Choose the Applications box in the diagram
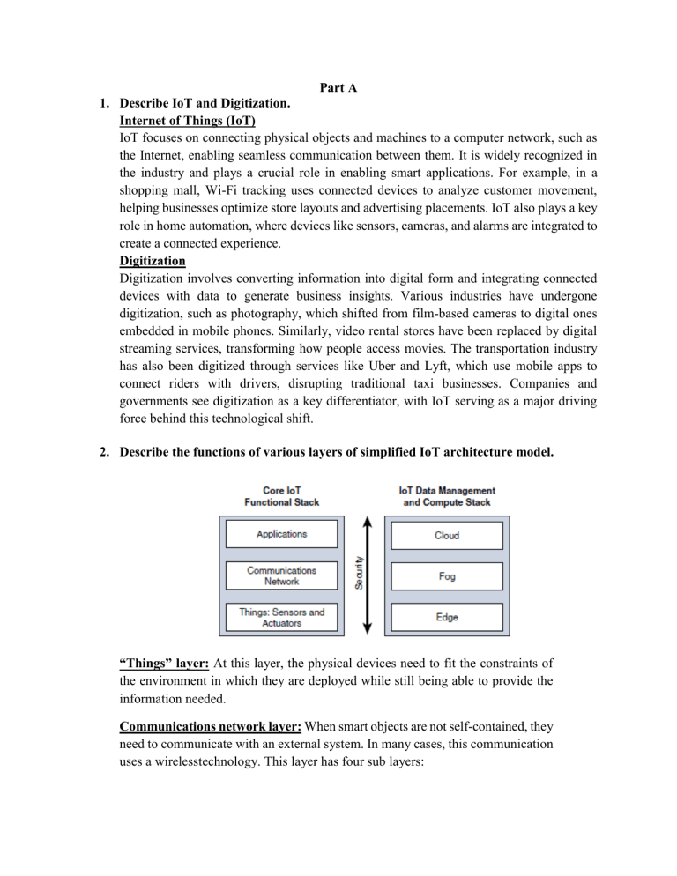point(281,534)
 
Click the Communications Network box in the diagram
point(281,576)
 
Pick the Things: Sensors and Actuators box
point(281,618)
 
